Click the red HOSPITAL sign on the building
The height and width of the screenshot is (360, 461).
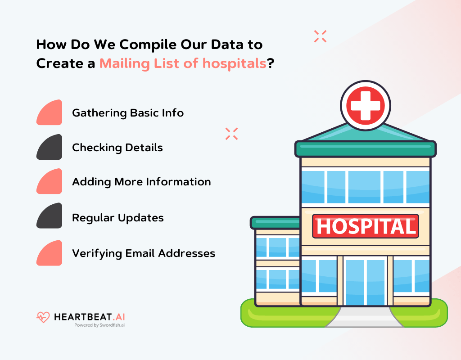point(365,226)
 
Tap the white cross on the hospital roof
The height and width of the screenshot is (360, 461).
point(365,104)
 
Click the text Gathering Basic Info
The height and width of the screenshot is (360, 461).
point(128,112)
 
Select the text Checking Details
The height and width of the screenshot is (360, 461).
point(118,147)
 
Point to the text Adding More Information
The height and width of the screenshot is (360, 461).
point(141,182)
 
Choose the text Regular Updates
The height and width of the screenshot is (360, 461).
point(118,218)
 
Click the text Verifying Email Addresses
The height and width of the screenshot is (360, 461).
point(144,253)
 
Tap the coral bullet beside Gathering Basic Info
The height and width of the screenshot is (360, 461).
point(50,113)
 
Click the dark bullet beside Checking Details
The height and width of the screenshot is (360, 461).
point(50,147)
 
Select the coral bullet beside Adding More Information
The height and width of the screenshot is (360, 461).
point(50,182)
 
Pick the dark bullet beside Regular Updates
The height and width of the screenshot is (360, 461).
point(50,216)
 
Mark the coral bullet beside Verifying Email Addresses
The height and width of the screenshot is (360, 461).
point(50,253)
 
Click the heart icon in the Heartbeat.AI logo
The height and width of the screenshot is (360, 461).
point(43,317)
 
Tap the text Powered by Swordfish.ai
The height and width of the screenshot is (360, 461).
point(99,324)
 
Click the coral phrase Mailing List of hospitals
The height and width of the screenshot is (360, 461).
point(183,63)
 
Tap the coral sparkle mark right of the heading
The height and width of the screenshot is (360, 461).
point(320,36)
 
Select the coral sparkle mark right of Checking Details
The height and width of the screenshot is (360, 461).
point(231,134)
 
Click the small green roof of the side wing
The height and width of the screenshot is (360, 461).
point(275,222)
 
